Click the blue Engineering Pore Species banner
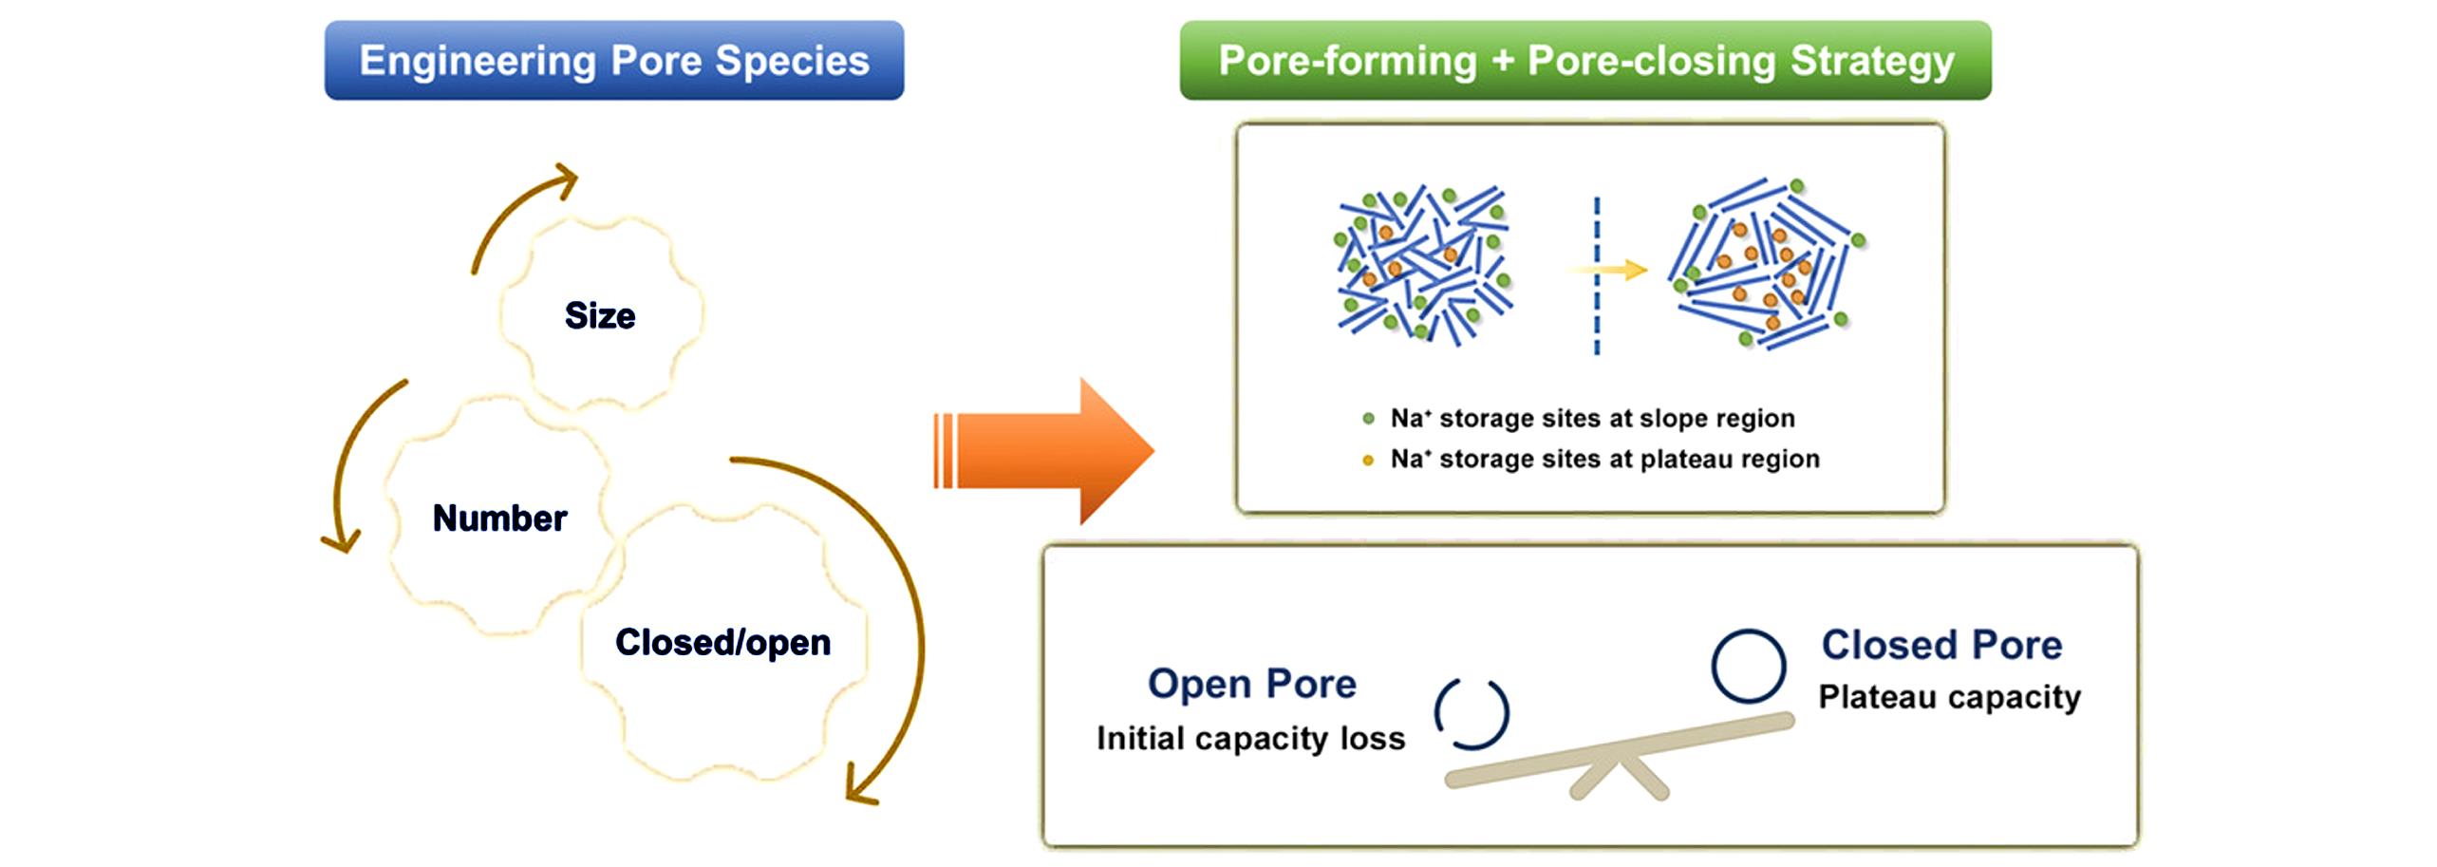[x=613, y=60]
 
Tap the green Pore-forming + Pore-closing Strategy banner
[x=1584, y=60]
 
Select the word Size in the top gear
[x=600, y=315]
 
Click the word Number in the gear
[x=499, y=518]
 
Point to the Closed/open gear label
[x=722, y=643]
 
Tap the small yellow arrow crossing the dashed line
[x=1614, y=270]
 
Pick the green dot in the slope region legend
[x=1368, y=418]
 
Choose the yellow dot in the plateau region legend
[x=1368, y=461]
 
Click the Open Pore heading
[x=1251, y=684]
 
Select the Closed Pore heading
[x=1941, y=645]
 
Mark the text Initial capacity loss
[x=1250, y=738]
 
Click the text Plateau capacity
[x=1949, y=696]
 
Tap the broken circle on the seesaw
[x=1472, y=714]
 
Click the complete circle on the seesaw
[x=1748, y=667]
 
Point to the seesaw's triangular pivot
[x=1619, y=774]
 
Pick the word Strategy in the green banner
[x=1872, y=60]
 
